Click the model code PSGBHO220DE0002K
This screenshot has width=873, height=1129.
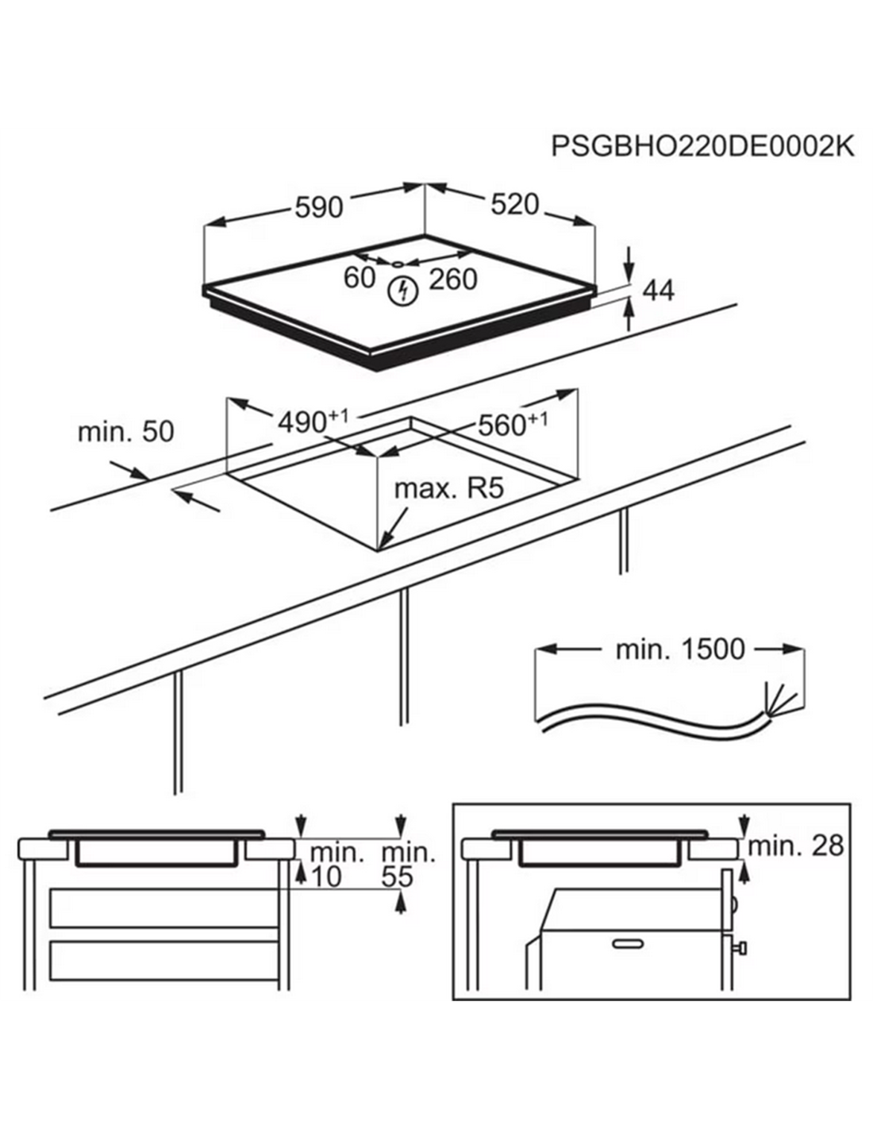coord(702,147)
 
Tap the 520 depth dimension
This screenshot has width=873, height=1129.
coord(514,204)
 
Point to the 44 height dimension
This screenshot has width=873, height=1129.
coord(658,291)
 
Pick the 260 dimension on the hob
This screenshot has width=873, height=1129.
coord(453,279)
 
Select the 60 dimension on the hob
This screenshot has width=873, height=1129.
coord(359,278)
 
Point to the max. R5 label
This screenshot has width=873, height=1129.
coord(449,487)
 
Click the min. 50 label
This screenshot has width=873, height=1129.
coord(125,432)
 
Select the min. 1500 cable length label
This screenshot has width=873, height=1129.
coord(680,649)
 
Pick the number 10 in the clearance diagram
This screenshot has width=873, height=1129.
coord(325,877)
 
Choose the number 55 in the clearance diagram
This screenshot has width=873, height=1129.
coord(398,877)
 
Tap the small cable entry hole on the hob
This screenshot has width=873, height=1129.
coord(397,263)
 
